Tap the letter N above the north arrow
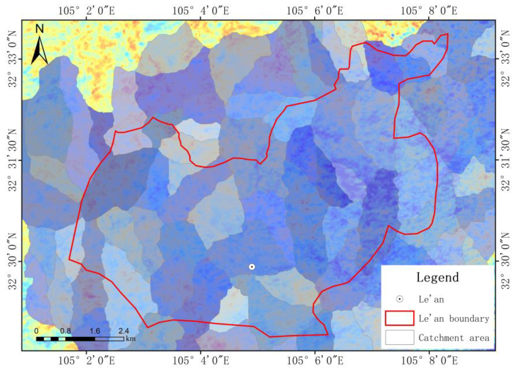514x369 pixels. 39,29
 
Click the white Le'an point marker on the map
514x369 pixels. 252,267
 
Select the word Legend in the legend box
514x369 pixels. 437,277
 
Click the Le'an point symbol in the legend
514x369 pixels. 400,299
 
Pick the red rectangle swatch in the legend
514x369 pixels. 399,318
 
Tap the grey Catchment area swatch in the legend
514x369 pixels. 399,337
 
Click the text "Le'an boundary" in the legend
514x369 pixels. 454,319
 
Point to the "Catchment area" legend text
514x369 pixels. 454,338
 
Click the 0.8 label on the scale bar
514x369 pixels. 65,331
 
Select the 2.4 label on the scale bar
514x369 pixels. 124,331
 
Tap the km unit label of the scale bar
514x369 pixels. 131,338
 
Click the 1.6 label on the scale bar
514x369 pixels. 95,331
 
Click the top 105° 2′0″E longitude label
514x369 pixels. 87,11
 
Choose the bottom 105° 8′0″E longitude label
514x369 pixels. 429,361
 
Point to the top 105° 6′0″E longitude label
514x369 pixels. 315,11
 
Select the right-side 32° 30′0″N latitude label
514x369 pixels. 505,261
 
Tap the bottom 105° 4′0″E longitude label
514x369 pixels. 200,361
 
